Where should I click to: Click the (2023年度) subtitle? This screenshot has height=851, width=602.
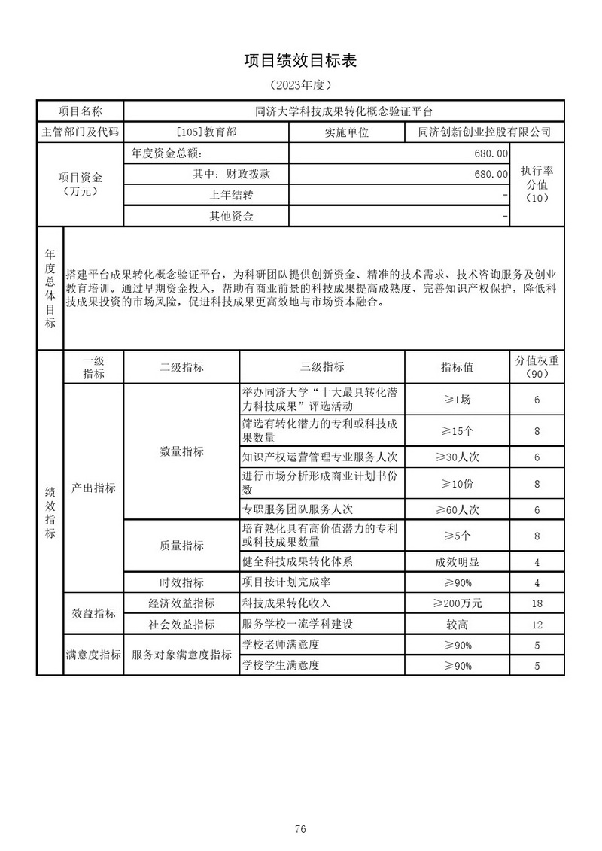(x=300, y=85)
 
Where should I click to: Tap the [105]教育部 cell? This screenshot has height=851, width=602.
(x=205, y=132)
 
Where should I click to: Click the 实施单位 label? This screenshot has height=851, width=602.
(x=347, y=132)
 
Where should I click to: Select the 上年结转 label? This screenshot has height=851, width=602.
(x=231, y=196)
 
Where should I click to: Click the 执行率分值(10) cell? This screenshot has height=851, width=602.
(x=537, y=184)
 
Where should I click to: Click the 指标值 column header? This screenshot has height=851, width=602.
(x=457, y=367)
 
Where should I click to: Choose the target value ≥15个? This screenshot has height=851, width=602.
(x=457, y=431)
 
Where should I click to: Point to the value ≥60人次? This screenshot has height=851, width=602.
(x=457, y=510)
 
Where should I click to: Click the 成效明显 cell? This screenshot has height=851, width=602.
(x=457, y=562)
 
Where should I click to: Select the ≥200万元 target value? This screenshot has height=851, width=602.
(x=457, y=603)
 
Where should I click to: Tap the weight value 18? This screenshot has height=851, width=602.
(x=537, y=603)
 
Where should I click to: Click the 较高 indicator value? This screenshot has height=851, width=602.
(x=457, y=625)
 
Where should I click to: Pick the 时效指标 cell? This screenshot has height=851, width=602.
(x=181, y=583)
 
